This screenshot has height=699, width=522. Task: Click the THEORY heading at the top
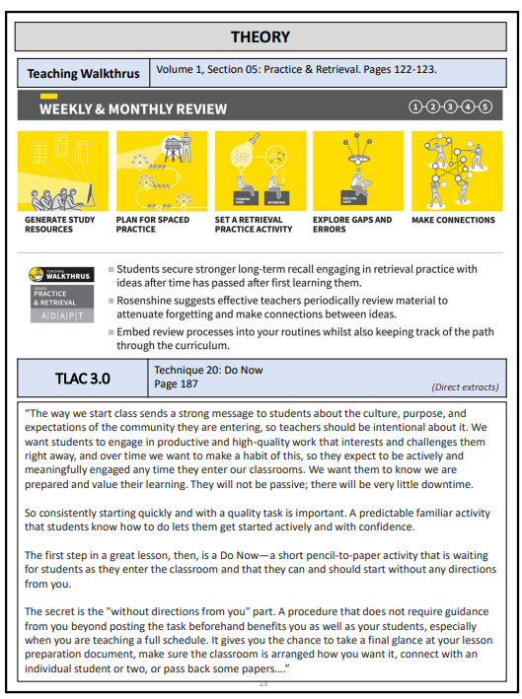point(261,37)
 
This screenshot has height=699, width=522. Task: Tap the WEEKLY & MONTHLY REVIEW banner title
point(132,108)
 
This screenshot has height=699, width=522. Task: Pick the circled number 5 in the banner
point(485,106)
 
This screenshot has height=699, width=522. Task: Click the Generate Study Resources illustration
point(63,170)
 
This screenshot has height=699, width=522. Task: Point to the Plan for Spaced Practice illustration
point(161,170)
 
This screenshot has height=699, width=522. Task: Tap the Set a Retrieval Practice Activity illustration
point(260,170)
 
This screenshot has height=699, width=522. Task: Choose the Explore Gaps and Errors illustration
point(357,170)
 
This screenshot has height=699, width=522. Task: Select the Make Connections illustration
point(456,170)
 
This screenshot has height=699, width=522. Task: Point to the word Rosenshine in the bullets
point(149,301)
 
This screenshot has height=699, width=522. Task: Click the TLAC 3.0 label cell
point(83,378)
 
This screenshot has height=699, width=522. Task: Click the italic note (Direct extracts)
point(465,387)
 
